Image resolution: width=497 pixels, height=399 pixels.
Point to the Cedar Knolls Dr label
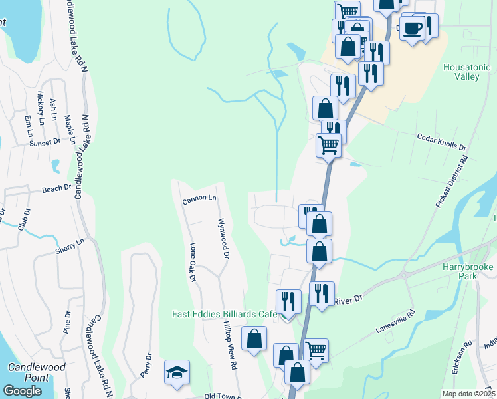click(x=441, y=143)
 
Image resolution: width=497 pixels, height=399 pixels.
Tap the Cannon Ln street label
click(x=199, y=198)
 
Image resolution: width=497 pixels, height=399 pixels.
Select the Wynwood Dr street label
click(x=224, y=237)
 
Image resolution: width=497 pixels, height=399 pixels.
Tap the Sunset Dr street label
click(x=44, y=142)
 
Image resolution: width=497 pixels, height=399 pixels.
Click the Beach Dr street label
click(x=56, y=188)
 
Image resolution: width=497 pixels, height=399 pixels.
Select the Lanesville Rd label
click(x=395, y=322)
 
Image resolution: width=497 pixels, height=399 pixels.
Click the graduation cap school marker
click(x=177, y=371)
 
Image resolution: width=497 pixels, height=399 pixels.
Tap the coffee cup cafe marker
click(x=412, y=28)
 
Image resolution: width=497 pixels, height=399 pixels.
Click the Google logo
click(x=22, y=391)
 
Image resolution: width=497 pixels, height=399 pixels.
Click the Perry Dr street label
click(x=147, y=366)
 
